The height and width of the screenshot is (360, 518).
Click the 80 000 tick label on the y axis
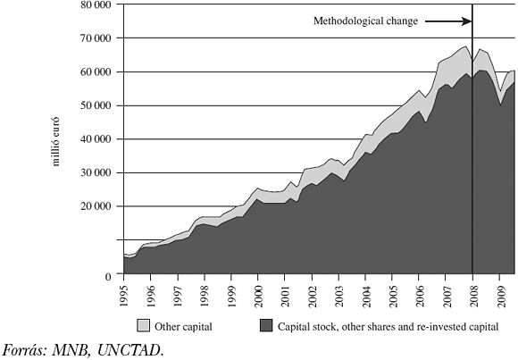94,4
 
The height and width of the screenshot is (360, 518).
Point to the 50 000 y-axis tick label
94,105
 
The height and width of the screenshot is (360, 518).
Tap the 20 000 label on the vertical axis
94,206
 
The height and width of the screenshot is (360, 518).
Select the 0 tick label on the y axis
107,276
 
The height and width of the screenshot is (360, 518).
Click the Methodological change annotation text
365,21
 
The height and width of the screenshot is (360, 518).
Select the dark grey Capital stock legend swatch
265,327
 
